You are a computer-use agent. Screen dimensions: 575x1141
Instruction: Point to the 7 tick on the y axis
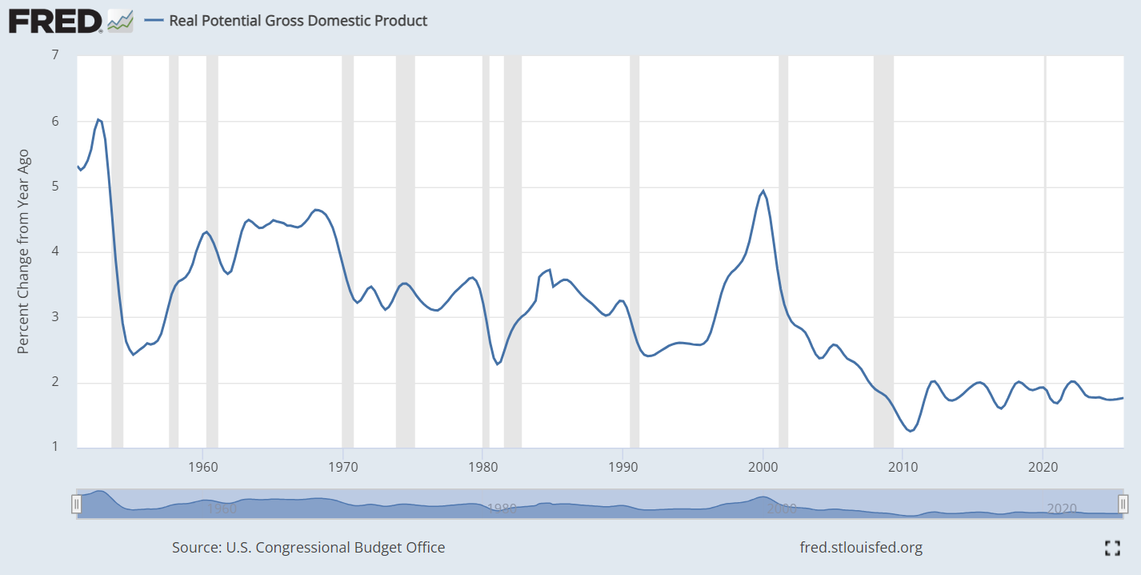(x=54, y=55)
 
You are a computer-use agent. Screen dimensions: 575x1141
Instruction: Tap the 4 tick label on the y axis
(x=54, y=251)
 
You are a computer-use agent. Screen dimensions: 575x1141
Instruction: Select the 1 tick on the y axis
(x=54, y=448)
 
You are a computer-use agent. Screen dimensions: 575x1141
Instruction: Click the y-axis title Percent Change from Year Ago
(x=23, y=251)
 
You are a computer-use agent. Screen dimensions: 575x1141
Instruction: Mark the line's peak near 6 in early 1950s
(x=98, y=119)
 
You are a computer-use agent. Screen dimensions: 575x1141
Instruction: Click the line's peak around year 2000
(x=763, y=191)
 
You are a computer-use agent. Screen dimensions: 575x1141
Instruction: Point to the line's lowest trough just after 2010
(x=910, y=431)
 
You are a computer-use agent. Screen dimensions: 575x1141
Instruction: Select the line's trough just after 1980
(x=497, y=364)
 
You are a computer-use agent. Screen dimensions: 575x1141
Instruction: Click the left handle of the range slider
(x=77, y=504)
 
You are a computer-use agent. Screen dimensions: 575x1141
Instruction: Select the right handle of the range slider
(x=1123, y=504)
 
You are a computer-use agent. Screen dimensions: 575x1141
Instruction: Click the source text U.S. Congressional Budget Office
(x=308, y=548)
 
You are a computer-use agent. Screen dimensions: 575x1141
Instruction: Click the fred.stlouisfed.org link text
(x=861, y=548)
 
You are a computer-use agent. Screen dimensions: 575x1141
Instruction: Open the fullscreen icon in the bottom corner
(x=1111, y=548)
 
